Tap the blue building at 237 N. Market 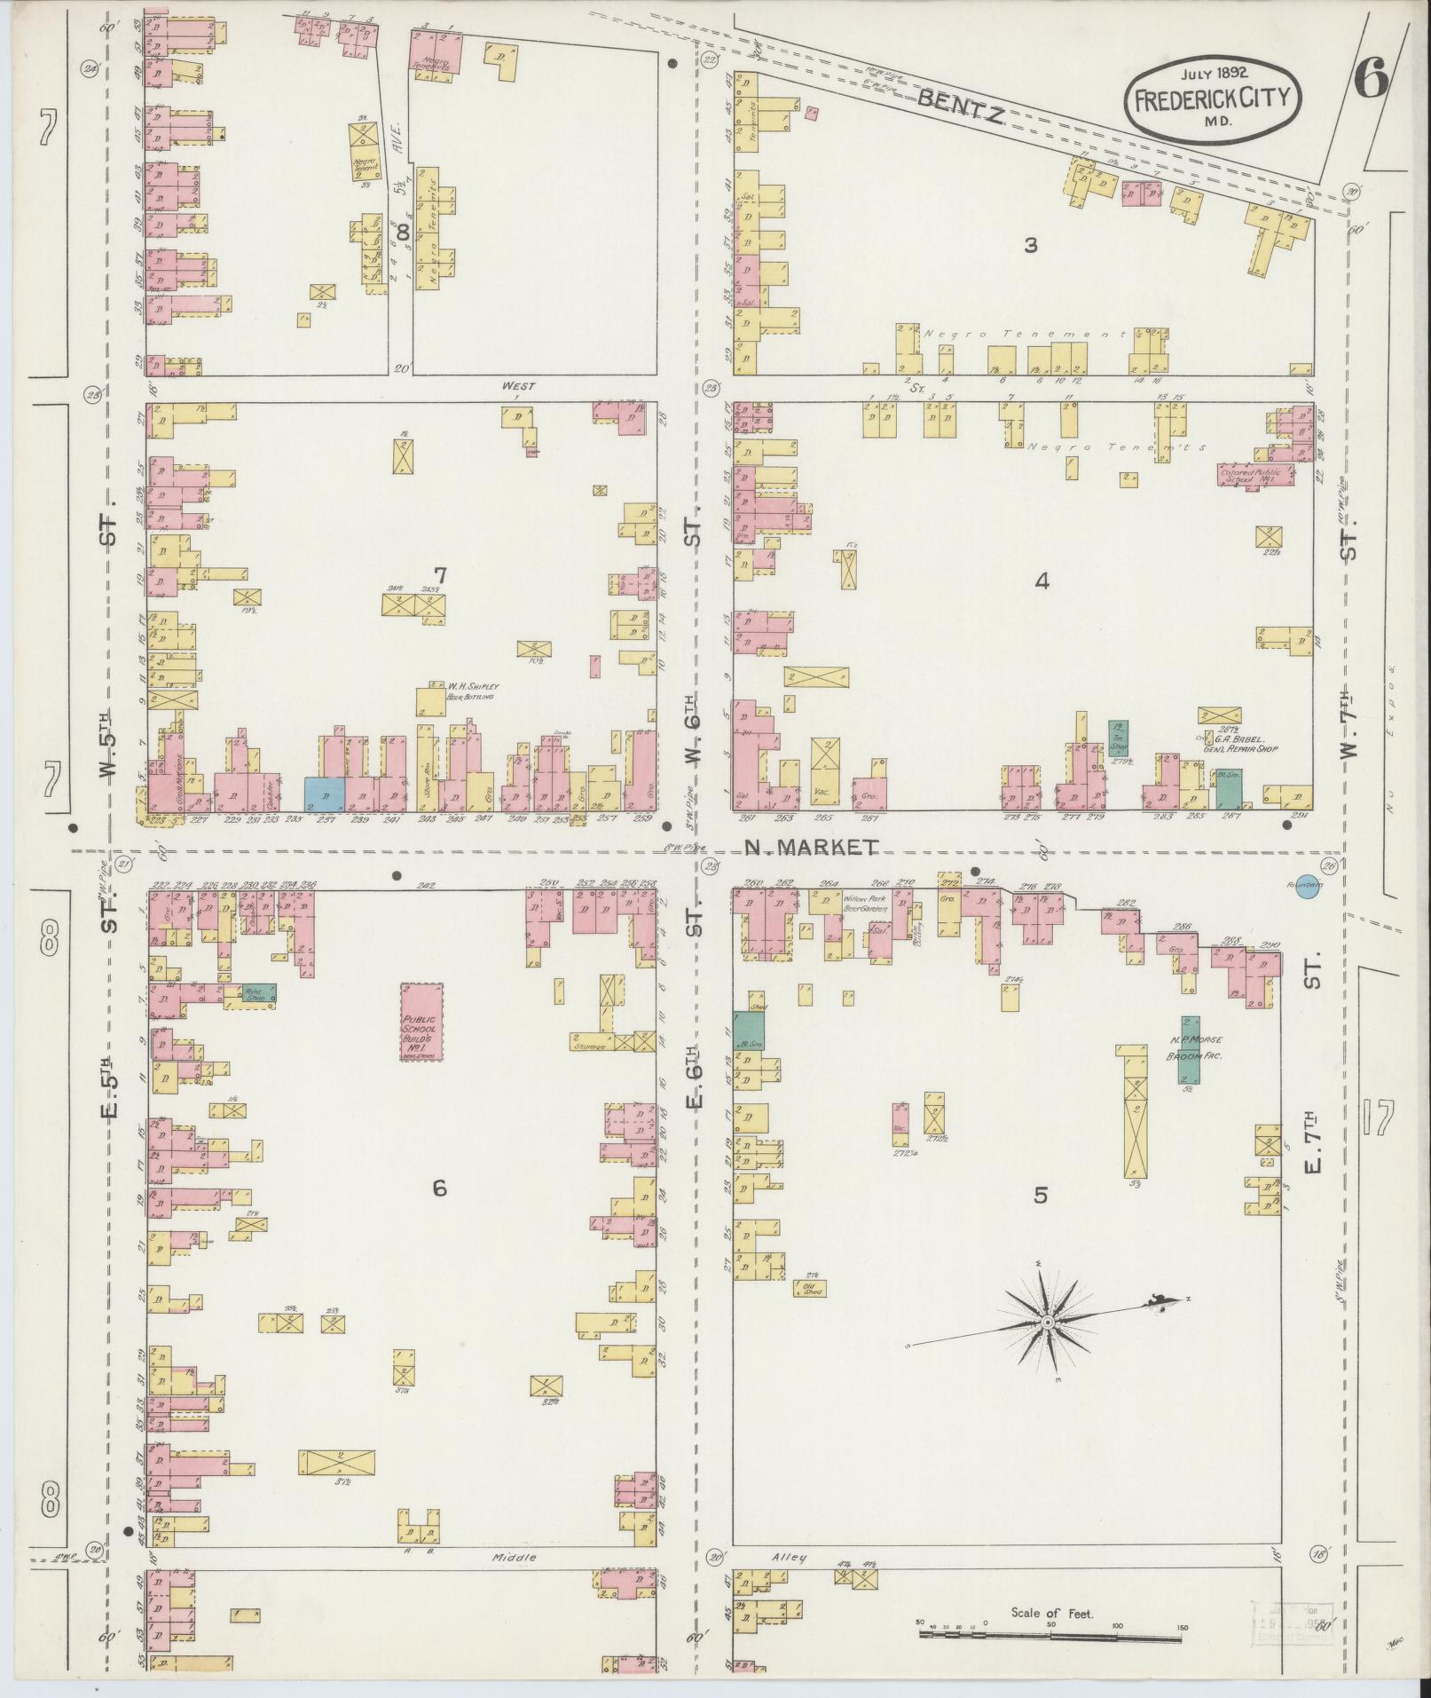coord(324,794)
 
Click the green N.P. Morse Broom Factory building coord(1189,1049)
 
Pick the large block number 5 coord(1040,1196)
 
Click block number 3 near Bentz coord(1030,245)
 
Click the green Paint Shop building coord(258,993)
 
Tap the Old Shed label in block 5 coord(809,1288)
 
